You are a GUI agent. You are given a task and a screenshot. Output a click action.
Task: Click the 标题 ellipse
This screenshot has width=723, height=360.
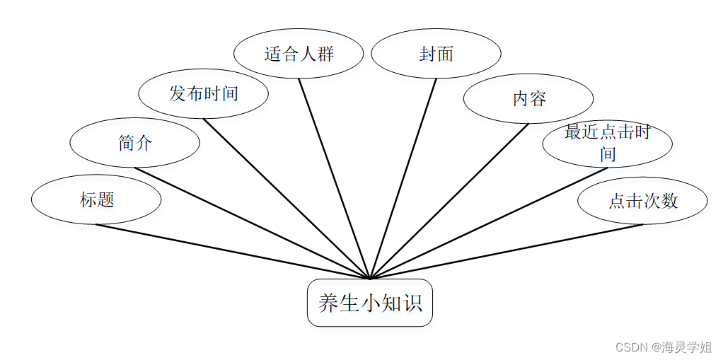[96, 200]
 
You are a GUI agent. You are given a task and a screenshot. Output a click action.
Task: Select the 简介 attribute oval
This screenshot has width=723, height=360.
[134, 143]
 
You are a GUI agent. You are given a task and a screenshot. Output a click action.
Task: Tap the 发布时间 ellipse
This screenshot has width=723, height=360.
[203, 93]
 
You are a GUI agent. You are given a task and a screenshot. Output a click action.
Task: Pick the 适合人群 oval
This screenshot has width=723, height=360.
[298, 53]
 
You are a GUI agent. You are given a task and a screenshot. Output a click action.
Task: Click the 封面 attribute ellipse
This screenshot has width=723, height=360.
[436, 53]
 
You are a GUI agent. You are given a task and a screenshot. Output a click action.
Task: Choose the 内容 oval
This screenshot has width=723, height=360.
[528, 98]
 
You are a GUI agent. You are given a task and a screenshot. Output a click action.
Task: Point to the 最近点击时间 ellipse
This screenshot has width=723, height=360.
[607, 143]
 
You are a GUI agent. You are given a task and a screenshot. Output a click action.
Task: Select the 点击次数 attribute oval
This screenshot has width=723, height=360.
[642, 200]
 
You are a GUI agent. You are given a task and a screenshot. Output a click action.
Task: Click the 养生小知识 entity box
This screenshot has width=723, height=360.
[369, 303]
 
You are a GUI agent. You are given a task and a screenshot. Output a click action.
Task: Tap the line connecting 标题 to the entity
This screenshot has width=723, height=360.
[233, 251]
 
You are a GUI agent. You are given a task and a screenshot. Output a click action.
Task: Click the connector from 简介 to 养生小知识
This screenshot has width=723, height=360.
[252, 223]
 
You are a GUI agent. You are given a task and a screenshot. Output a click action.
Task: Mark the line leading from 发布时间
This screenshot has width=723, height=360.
[287, 198]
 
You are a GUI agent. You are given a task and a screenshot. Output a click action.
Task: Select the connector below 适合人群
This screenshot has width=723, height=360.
[334, 178]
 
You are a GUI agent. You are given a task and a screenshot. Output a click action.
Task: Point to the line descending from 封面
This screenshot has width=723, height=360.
[403, 178]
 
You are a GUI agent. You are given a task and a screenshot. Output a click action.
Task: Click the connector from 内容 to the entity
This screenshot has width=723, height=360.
[449, 201]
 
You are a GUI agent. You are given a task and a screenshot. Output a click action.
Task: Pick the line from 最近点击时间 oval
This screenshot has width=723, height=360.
[488, 223]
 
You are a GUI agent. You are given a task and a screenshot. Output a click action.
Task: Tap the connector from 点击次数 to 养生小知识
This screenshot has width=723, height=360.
[506, 251]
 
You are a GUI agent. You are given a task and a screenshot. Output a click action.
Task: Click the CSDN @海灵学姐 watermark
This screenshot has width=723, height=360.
[664, 347]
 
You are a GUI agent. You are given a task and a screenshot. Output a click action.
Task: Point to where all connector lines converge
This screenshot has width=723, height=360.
[369, 278]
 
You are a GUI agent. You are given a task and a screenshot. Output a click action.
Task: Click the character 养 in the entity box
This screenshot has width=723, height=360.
[328, 303]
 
